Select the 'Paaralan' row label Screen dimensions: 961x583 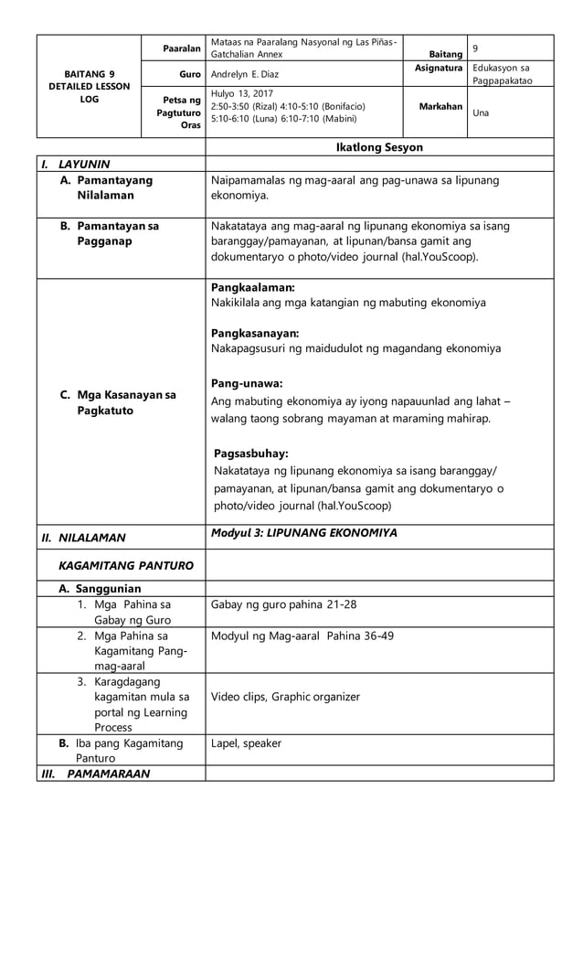tap(182, 48)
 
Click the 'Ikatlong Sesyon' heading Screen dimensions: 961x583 tap(379, 147)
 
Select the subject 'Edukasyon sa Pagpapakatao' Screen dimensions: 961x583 tap(502, 75)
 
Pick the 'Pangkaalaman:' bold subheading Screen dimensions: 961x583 tap(252, 287)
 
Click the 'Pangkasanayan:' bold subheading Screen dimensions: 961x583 tap(255, 333)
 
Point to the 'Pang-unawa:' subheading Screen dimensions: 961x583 tap(246, 382)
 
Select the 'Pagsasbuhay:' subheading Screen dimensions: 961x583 tap(250, 454)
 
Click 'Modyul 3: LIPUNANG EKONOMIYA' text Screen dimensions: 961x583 tap(303, 533)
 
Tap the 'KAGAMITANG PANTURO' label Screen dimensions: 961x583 tap(125, 565)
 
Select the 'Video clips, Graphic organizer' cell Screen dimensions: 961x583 tap(285, 697)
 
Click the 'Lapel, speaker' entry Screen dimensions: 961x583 tap(246, 743)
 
